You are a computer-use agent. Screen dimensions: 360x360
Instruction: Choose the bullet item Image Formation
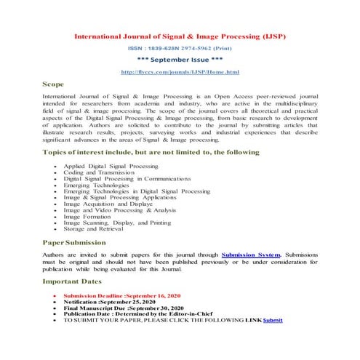click(87, 215)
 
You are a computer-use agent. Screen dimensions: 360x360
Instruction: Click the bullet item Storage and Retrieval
click(95, 230)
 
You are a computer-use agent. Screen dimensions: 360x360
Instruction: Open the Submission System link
click(250, 256)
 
